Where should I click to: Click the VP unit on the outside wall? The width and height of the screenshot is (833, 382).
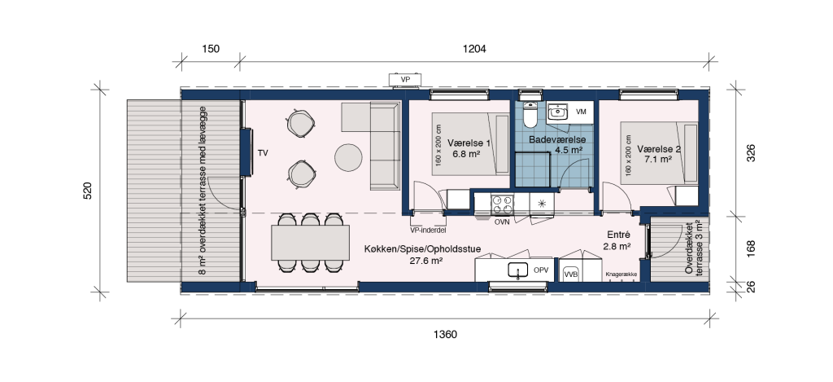pos(406,79)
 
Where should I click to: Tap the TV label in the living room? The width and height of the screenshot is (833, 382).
pos(263,153)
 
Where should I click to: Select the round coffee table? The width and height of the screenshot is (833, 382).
pos(348,157)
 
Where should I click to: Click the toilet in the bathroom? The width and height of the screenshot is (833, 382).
pos(530,114)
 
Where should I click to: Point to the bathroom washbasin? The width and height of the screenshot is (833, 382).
pos(558,112)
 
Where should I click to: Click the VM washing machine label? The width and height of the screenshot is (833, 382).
pos(581,112)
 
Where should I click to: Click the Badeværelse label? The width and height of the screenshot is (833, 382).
pos(557,139)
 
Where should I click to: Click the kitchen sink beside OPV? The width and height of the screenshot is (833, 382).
pos(518,270)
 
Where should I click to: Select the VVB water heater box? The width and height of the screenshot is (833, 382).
pos(571,274)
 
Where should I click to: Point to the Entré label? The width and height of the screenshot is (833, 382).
pos(618,235)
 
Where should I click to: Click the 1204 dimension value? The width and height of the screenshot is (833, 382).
pos(474,49)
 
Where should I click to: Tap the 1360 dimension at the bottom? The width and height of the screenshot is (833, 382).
pos(445,335)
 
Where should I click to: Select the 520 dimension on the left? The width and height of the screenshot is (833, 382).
pos(88,191)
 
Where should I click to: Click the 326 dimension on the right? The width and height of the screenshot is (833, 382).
pos(751,153)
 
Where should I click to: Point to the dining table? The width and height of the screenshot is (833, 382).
pos(310,243)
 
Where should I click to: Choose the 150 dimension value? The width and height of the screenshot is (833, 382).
pos(211,49)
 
